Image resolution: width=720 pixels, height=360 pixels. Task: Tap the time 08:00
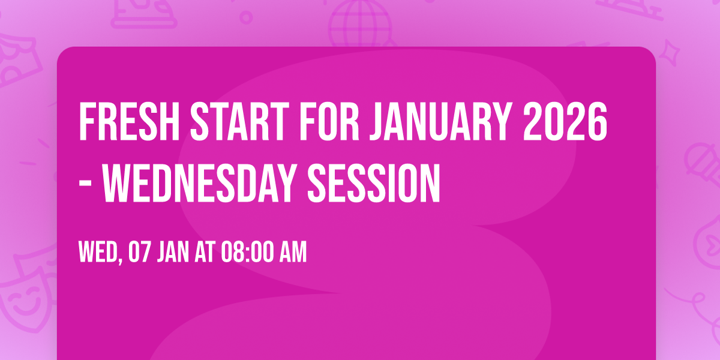tap(247, 253)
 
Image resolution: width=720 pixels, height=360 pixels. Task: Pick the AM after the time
tap(292, 253)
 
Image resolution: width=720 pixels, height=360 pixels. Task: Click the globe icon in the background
tap(358, 24)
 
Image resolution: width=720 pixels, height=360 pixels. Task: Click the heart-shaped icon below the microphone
tap(708, 231)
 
